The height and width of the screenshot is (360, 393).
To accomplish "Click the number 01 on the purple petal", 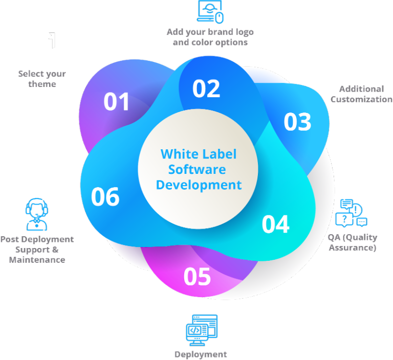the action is (x=117, y=101).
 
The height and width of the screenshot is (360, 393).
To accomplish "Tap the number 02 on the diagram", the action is (x=206, y=88).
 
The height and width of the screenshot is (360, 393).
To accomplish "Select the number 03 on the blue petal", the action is (x=297, y=122).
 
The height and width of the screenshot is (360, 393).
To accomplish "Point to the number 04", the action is (x=276, y=224).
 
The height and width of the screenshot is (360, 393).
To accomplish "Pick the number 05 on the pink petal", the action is (x=197, y=277).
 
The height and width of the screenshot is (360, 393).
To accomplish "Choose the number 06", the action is (x=105, y=197).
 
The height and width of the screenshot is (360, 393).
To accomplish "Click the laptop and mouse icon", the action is (x=210, y=12).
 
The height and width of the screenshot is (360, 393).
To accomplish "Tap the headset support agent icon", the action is (x=37, y=214).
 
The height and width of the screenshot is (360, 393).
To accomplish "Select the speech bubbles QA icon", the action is (x=351, y=213).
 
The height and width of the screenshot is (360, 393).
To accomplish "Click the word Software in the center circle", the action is (x=197, y=170).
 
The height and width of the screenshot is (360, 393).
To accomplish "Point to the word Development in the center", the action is (x=199, y=186).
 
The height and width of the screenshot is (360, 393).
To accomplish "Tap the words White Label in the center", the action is (x=199, y=154).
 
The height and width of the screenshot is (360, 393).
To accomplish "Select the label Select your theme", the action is (x=42, y=79).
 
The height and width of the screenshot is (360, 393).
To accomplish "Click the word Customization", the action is (x=361, y=99).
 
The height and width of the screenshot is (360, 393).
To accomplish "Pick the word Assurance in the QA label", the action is (x=353, y=248).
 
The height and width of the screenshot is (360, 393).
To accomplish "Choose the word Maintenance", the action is (x=37, y=260).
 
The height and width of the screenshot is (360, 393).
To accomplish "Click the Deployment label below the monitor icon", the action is (x=201, y=355).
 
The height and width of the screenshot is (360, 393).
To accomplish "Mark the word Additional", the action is (x=361, y=89).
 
